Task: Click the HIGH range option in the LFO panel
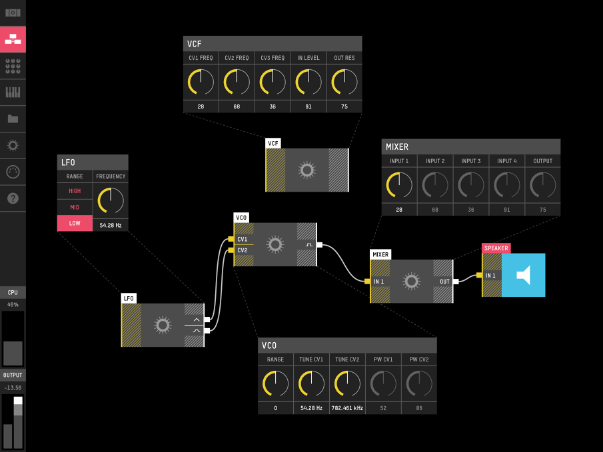point(75,191)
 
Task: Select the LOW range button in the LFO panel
point(75,223)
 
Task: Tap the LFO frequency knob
point(111,200)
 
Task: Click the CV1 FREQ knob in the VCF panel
point(201,83)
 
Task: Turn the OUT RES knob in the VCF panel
point(344,83)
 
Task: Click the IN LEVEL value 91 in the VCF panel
point(308,107)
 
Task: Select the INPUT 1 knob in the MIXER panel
point(399,185)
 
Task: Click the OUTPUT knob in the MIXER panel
point(542,185)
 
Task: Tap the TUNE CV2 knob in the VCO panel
point(347,383)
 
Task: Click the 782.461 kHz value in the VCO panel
point(347,408)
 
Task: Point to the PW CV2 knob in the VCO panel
point(419,383)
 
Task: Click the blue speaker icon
point(524,275)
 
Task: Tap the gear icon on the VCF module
point(306,170)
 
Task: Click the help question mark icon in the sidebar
point(13,198)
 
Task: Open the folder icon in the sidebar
point(13,119)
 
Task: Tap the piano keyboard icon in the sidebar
point(13,93)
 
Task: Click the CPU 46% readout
point(13,304)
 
